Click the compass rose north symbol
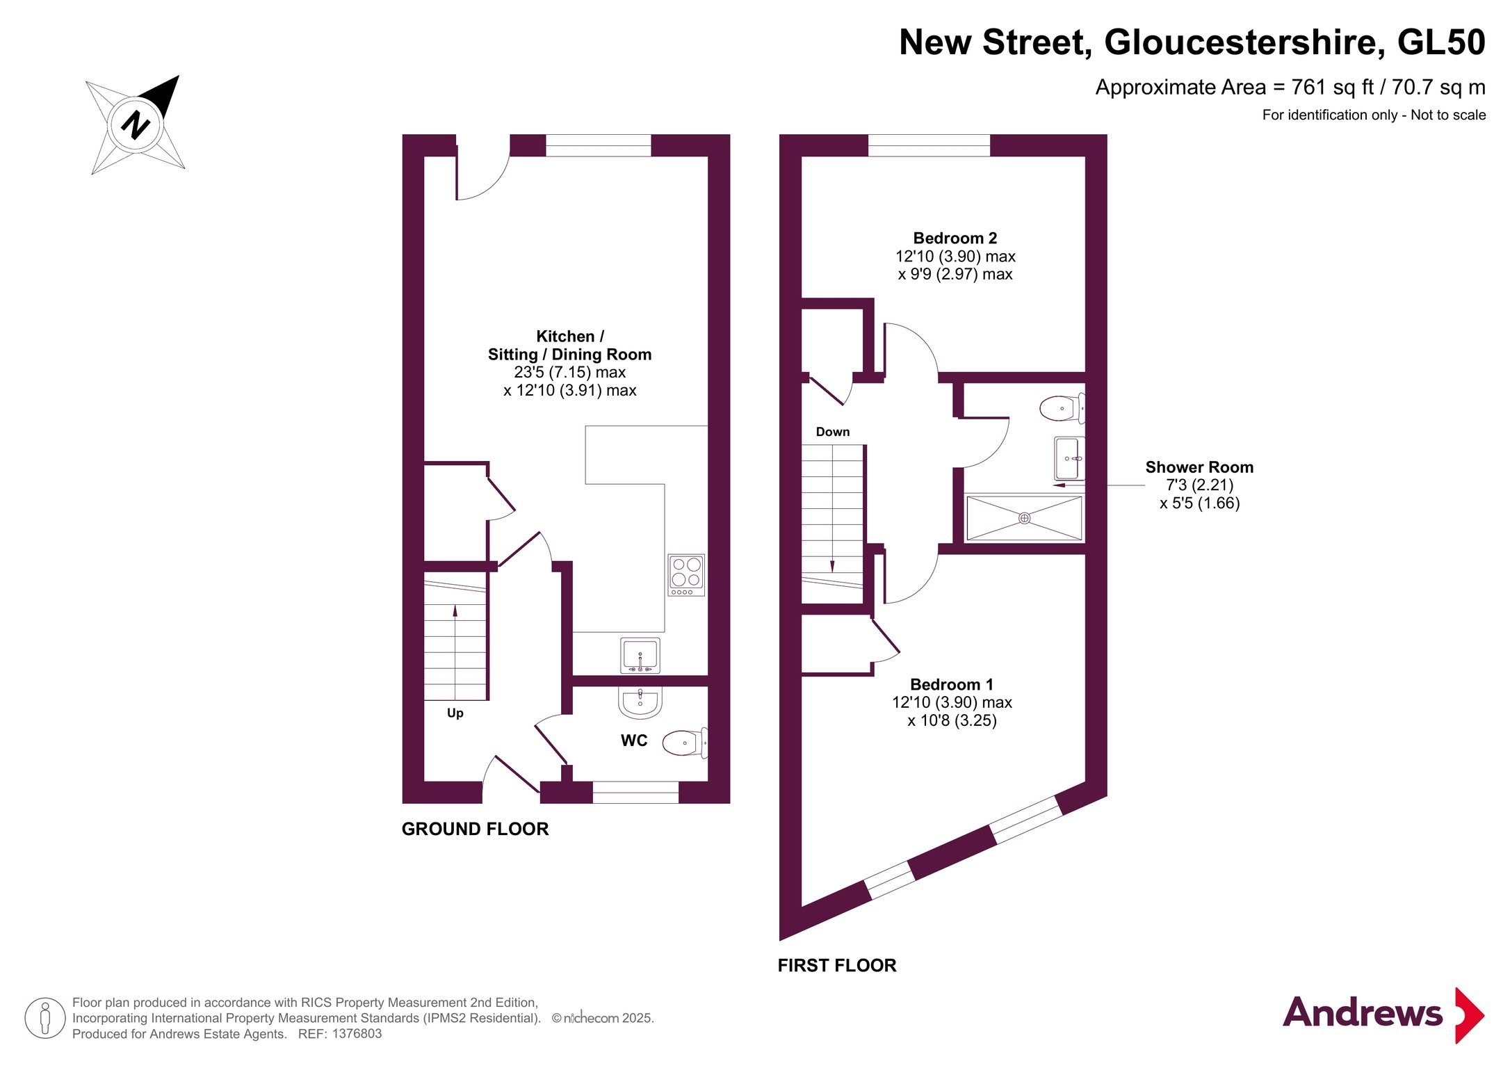point(136,125)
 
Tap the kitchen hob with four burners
point(686,574)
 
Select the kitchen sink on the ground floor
point(640,655)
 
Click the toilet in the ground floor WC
point(685,743)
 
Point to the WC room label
point(634,741)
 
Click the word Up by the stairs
point(455,713)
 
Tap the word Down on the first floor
point(833,432)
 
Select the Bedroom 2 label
point(955,238)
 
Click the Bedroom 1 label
point(952,685)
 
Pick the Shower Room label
point(1199,467)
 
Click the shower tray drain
point(1024,518)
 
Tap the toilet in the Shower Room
point(1062,408)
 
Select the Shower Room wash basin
point(1069,459)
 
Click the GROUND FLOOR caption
point(476,829)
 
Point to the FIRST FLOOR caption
point(837,965)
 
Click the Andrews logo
point(1383,1014)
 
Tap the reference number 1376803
point(357,1034)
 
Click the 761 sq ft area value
point(1333,88)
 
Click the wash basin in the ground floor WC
point(640,702)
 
